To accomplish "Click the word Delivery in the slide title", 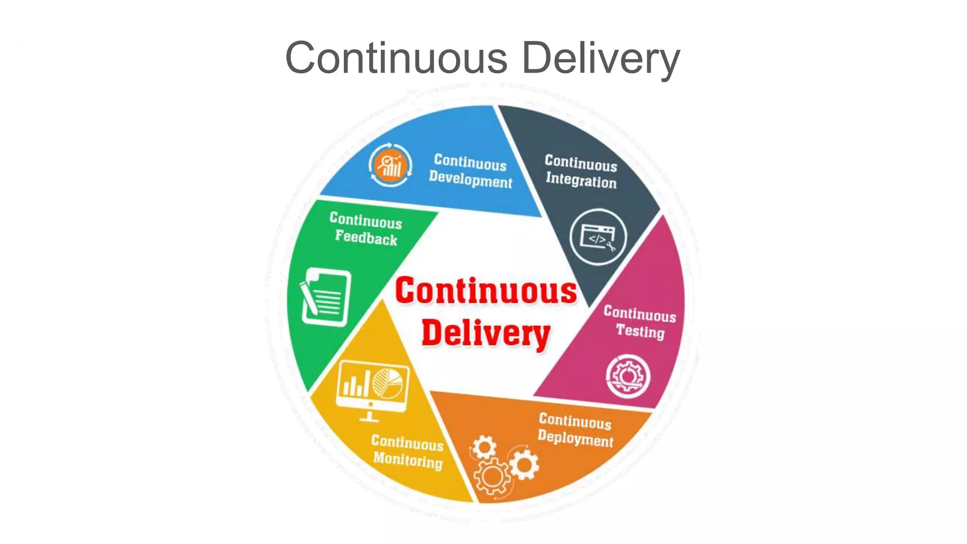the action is (x=601, y=58).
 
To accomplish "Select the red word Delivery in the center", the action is (x=486, y=333).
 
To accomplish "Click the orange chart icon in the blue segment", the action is (x=390, y=165).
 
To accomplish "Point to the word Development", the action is (x=470, y=180).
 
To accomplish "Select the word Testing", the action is (x=640, y=331).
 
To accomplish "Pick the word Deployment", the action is (x=575, y=439).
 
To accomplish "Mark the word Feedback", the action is (x=366, y=237).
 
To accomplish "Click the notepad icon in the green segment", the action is (x=326, y=297).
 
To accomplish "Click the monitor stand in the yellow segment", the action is (x=369, y=416).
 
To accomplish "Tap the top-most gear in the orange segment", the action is (x=484, y=447).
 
